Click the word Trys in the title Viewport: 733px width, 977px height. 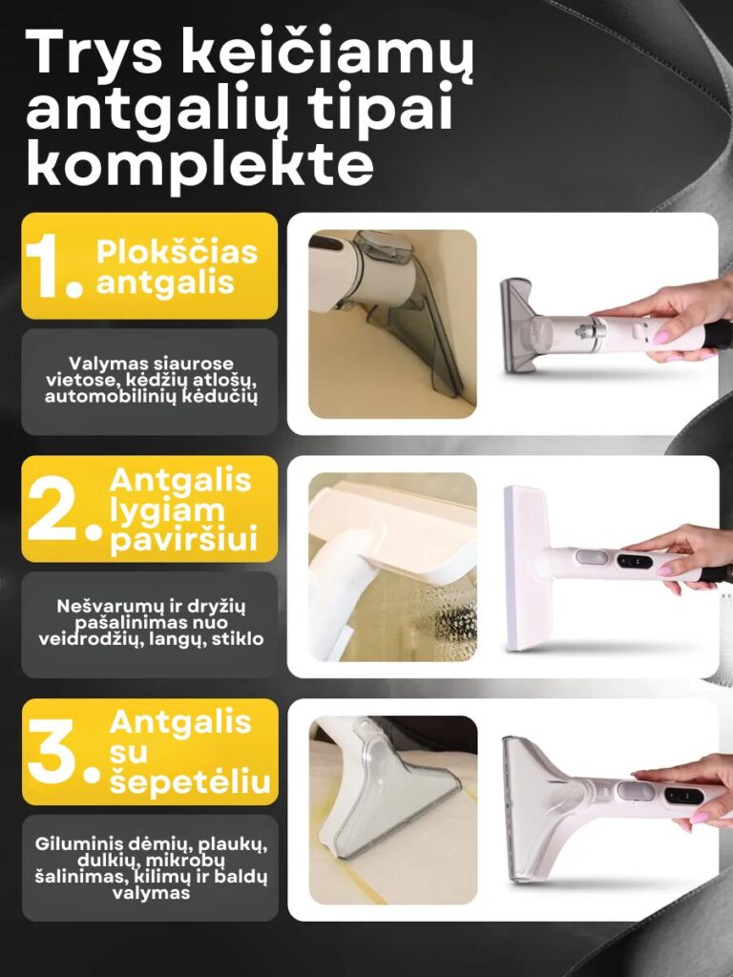pos(94,53)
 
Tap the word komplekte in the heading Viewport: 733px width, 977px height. pos(200,164)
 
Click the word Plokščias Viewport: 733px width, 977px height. pos(177,252)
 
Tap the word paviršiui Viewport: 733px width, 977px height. pos(184,540)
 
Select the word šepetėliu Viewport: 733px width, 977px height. pos(190,782)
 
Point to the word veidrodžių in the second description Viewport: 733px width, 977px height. pos(84,640)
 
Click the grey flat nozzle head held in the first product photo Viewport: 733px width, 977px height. pos(518,326)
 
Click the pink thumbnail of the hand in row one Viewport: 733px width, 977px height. pos(661,337)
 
